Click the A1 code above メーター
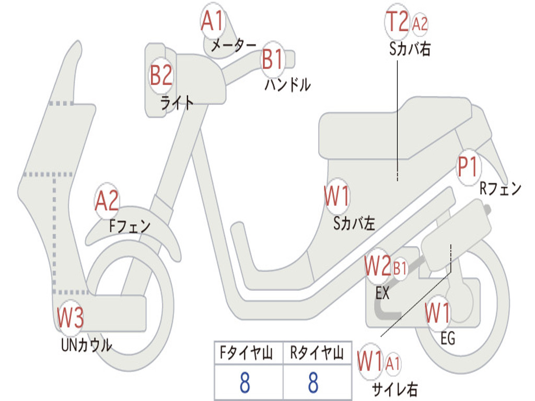point(212,22)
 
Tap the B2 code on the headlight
point(161,76)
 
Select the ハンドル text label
point(287,84)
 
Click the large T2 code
point(397,22)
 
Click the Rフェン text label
point(501,188)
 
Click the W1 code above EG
point(438,314)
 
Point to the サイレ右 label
point(394,388)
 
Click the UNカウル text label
point(86,345)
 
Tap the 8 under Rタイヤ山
point(313,383)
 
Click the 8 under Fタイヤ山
point(245,383)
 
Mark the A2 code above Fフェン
point(107,201)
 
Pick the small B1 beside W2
point(400,269)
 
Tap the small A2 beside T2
point(420,24)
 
